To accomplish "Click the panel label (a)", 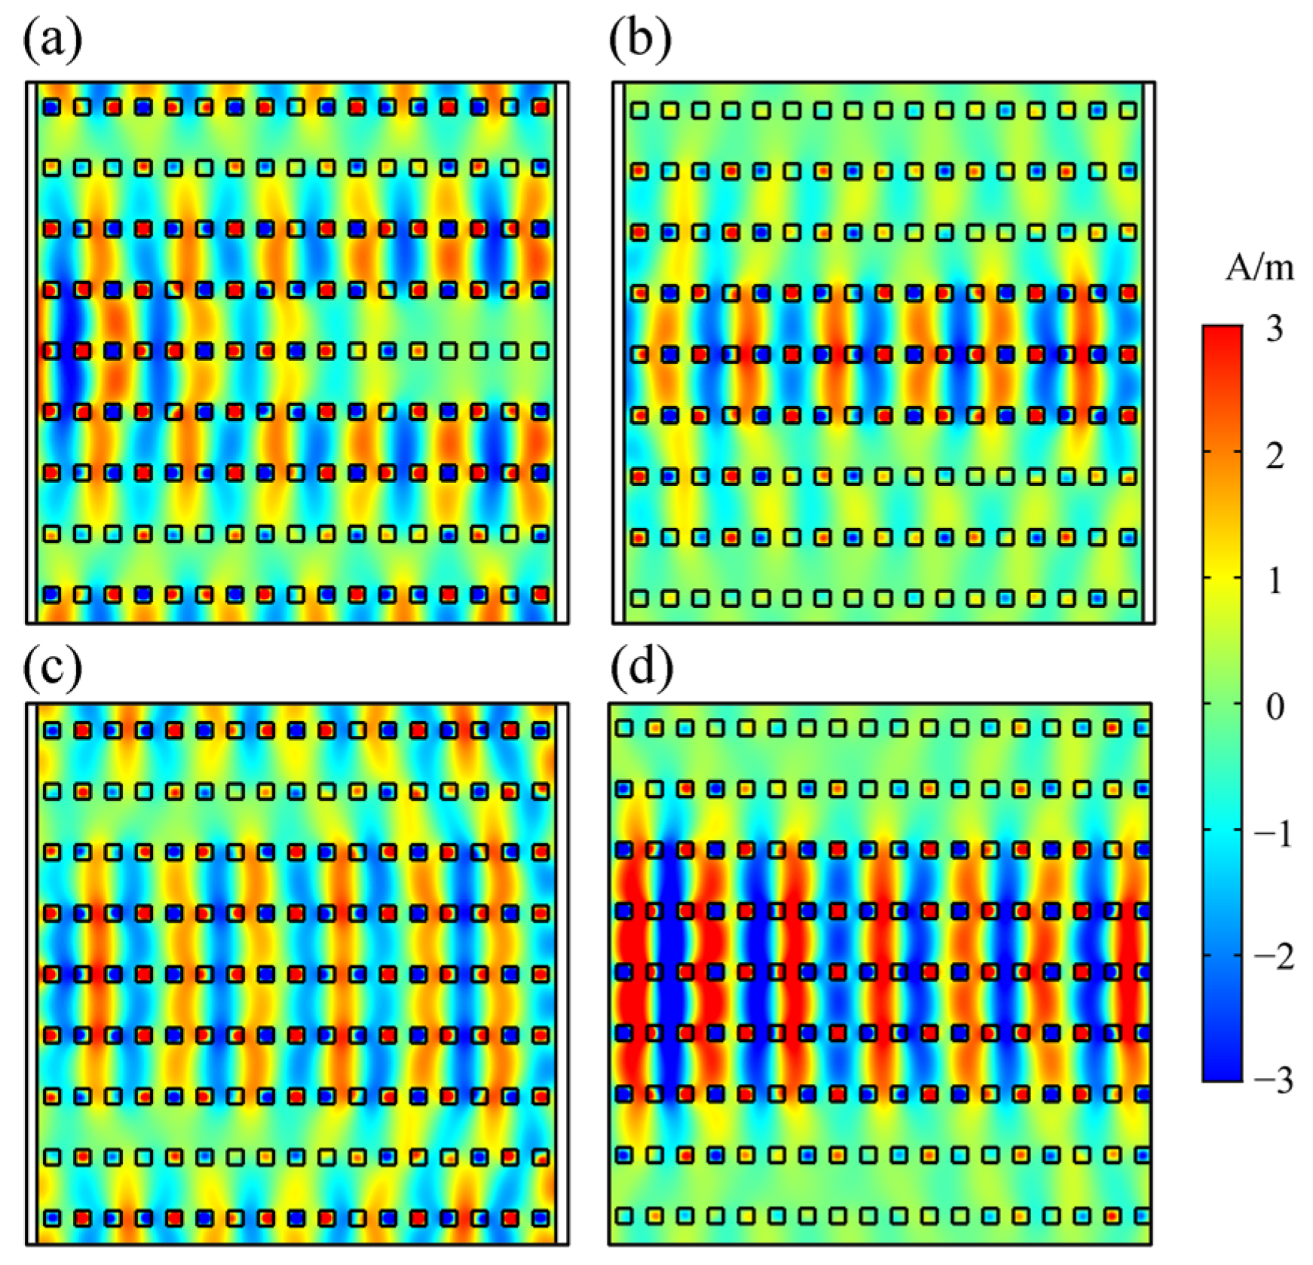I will tap(52, 39).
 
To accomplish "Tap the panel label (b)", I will tap(640, 39).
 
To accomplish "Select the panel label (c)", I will tap(52, 667).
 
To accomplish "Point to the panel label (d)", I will tap(641, 667).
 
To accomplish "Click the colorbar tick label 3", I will tap(1275, 329).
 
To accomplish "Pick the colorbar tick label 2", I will tap(1275, 455).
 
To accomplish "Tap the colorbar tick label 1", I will tap(1275, 581).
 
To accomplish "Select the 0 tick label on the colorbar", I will tap(1275, 707).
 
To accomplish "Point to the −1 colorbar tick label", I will tap(1273, 833).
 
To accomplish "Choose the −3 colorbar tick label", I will tap(1273, 1081).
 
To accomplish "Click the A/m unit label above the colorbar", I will tap(1259, 268).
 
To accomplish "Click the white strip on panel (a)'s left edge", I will tap(32, 353).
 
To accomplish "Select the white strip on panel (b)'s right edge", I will tap(1149, 353).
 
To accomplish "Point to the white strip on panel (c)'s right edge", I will tap(562, 973).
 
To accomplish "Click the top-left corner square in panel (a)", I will tap(51, 107).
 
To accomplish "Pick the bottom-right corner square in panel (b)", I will tap(1128, 598).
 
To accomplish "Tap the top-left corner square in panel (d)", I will tap(623, 728).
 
